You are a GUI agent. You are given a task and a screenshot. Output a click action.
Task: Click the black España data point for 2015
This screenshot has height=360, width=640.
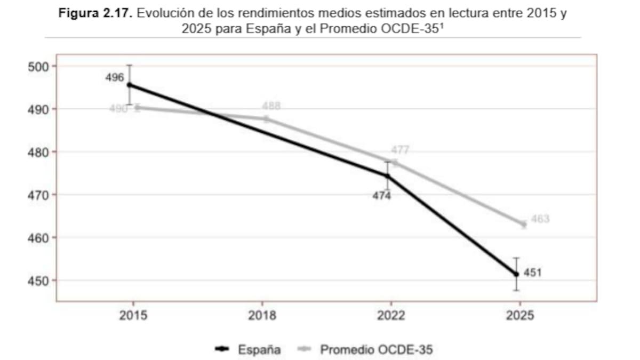pyautogui.click(x=130, y=85)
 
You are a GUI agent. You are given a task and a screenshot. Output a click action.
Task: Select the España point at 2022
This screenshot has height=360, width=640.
pyautogui.click(x=388, y=177)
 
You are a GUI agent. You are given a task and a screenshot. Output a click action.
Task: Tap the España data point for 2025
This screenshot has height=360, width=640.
pyautogui.click(x=516, y=275)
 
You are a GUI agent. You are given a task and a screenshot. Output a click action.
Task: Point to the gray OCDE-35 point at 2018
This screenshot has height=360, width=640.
pyautogui.click(x=266, y=119)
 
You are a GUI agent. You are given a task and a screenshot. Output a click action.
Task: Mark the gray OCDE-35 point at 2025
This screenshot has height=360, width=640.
pyautogui.click(x=523, y=225)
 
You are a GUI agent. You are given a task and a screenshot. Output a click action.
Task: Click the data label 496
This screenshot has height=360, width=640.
pyautogui.click(x=115, y=77)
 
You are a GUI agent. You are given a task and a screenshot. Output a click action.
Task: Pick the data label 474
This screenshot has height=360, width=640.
pyautogui.click(x=382, y=196)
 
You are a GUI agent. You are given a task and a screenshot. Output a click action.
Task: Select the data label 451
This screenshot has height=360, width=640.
pyautogui.click(x=533, y=273)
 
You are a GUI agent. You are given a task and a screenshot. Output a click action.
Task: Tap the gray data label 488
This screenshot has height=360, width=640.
pyautogui.click(x=271, y=106)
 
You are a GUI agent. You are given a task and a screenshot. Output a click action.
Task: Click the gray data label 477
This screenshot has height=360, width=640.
pyautogui.click(x=400, y=150)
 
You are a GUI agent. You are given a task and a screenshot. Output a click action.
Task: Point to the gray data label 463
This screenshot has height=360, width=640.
pyautogui.click(x=540, y=219)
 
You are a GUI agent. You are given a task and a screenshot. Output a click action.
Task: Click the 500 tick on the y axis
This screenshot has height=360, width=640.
pyautogui.click(x=38, y=67)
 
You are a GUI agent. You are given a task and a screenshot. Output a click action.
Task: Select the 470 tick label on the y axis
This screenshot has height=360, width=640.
pyautogui.click(x=38, y=195)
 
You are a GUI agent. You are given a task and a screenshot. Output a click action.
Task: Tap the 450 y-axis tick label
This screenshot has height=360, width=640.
pyautogui.click(x=38, y=281)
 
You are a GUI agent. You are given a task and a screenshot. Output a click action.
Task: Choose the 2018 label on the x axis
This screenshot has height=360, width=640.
pyautogui.click(x=262, y=315)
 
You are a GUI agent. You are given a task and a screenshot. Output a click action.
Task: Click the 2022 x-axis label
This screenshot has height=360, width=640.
pyautogui.click(x=391, y=315)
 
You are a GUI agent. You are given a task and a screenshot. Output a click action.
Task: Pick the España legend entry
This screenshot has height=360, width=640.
pyautogui.click(x=248, y=349)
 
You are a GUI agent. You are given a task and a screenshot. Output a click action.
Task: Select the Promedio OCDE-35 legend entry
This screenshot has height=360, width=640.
pyautogui.click(x=365, y=349)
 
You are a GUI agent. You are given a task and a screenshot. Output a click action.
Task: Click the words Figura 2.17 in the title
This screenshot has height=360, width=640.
pyautogui.click(x=95, y=13)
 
